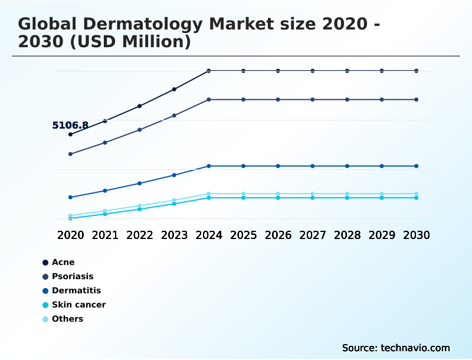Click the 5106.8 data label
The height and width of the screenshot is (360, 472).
[x=70, y=125]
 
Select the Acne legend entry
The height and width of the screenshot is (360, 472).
[x=63, y=262]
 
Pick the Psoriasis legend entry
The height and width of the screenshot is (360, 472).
[x=72, y=276]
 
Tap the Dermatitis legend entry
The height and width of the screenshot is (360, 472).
[x=76, y=290]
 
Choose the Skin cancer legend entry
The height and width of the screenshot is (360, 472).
[x=78, y=305]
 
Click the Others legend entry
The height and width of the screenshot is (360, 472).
[x=67, y=319]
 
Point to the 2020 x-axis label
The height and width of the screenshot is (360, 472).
[x=70, y=235]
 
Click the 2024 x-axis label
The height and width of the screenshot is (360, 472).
[x=209, y=235]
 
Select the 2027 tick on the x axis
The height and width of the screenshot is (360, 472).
[x=313, y=235]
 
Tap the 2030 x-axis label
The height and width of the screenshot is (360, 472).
[x=417, y=235]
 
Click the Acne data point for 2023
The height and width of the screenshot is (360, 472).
[x=174, y=89]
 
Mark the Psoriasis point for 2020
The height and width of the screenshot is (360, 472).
[x=70, y=154]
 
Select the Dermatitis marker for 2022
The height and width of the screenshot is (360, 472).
[x=139, y=184]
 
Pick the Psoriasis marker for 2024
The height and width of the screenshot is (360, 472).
[x=209, y=100]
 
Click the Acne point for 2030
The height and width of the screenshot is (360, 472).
[x=417, y=71]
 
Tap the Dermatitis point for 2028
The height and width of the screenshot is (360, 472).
[x=347, y=166]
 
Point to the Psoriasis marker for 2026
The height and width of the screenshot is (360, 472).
[x=278, y=100]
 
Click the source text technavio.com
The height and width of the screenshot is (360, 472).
[x=415, y=348]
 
